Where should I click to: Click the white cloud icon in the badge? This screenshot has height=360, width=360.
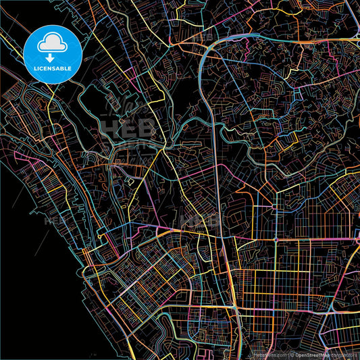(52, 43)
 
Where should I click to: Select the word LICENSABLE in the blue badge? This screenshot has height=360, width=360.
(52, 68)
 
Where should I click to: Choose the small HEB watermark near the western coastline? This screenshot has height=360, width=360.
(54, 220)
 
